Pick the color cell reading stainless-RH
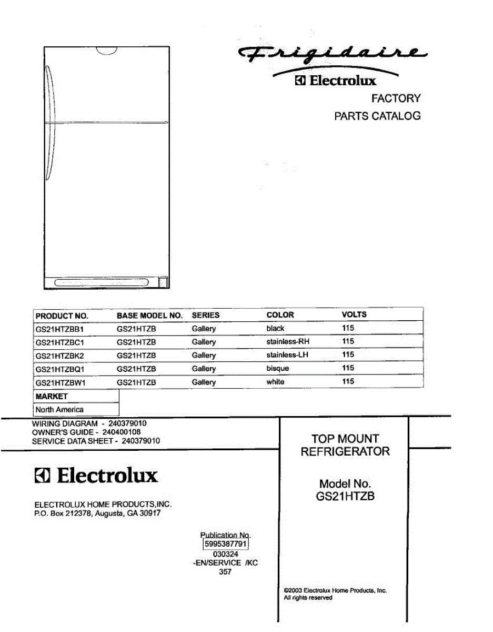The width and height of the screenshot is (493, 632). click(x=288, y=342)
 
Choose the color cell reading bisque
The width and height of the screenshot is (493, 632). click(x=277, y=369)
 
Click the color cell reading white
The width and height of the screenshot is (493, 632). click(x=275, y=382)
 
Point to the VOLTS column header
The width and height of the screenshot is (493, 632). click(x=354, y=315)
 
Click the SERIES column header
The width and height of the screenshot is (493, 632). click(x=205, y=315)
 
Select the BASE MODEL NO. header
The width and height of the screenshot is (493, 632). click(x=149, y=315)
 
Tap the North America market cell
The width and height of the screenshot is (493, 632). click(x=59, y=409)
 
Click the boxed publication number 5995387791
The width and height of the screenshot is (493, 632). click(x=225, y=544)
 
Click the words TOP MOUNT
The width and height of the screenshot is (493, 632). click(x=345, y=438)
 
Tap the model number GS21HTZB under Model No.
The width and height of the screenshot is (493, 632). click(x=345, y=496)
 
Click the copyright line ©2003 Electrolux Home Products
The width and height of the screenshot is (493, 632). click(x=335, y=590)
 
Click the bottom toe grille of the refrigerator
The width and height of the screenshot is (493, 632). click(x=103, y=283)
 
